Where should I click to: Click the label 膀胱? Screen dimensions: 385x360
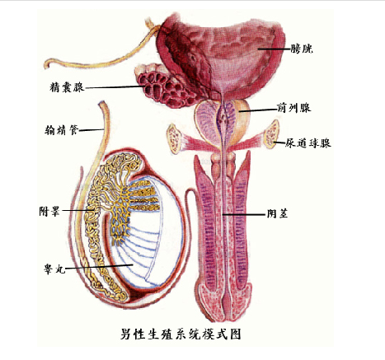point(302,49)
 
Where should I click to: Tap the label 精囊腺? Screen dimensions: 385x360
point(67,87)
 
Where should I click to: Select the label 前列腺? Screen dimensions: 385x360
point(293,108)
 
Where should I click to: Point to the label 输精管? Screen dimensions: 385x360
point(62,130)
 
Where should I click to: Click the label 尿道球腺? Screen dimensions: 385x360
point(308,143)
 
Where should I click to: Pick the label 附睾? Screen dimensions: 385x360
point(49,211)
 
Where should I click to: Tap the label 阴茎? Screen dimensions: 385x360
point(277,213)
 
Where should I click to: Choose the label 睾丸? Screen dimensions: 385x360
point(54,269)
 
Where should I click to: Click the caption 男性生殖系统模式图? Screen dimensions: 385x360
point(181,334)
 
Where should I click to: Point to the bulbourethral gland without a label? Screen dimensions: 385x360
point(174,138)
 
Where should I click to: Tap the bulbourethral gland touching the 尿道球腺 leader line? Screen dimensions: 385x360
point(272,134)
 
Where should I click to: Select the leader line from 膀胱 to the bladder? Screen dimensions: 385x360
point(275,49)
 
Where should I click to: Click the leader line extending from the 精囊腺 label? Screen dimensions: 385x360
point(115,87)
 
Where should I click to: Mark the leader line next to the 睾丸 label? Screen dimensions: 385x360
point(100,267)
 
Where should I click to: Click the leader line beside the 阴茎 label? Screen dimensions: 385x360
point(244,214)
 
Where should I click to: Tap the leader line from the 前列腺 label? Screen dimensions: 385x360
point(258,110)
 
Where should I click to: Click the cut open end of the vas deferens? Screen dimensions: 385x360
point(102,104)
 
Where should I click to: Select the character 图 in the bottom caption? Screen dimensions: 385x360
point(235,334)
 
